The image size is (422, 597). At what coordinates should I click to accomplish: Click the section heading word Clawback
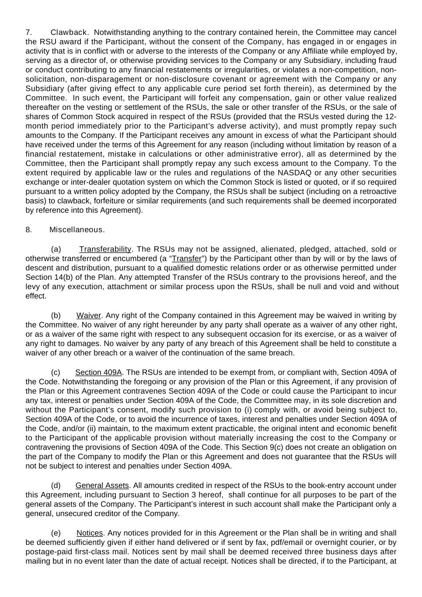(70, 32)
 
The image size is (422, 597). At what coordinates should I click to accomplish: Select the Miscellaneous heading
(77, 230)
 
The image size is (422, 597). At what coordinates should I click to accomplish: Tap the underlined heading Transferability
(105, 249)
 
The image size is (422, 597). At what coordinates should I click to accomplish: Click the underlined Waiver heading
(89, 315)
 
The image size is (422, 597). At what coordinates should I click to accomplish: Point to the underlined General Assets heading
(102, 485)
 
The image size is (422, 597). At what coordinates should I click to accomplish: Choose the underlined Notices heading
(90, 533)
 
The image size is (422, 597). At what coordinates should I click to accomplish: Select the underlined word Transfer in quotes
(187, 259)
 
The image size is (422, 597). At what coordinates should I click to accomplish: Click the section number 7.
(28, 32)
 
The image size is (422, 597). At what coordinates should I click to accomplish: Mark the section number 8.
(28, 230)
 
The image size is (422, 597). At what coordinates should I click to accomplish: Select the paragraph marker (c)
(56, 373)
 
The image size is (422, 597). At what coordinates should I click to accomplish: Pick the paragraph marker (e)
(56, 533)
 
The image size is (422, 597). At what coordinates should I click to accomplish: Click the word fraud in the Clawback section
(387, 60)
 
